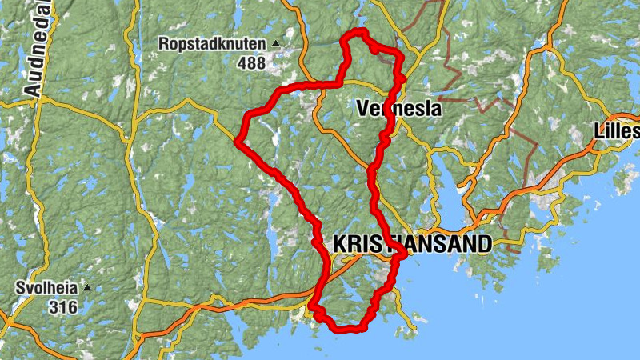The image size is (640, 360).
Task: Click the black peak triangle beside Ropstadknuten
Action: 276,44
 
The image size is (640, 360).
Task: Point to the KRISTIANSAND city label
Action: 410,244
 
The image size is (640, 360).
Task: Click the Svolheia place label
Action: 48,288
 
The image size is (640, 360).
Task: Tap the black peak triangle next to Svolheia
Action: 87,288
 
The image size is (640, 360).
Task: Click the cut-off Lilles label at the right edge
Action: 618,130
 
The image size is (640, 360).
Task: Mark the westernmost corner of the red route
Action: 238,142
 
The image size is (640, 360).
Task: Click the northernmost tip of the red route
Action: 360,31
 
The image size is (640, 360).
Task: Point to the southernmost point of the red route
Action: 344,329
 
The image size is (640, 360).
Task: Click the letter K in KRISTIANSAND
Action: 339,244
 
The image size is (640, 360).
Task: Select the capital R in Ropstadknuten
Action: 165,44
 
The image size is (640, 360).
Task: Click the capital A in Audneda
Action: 33,89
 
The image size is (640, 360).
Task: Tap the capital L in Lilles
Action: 600,130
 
